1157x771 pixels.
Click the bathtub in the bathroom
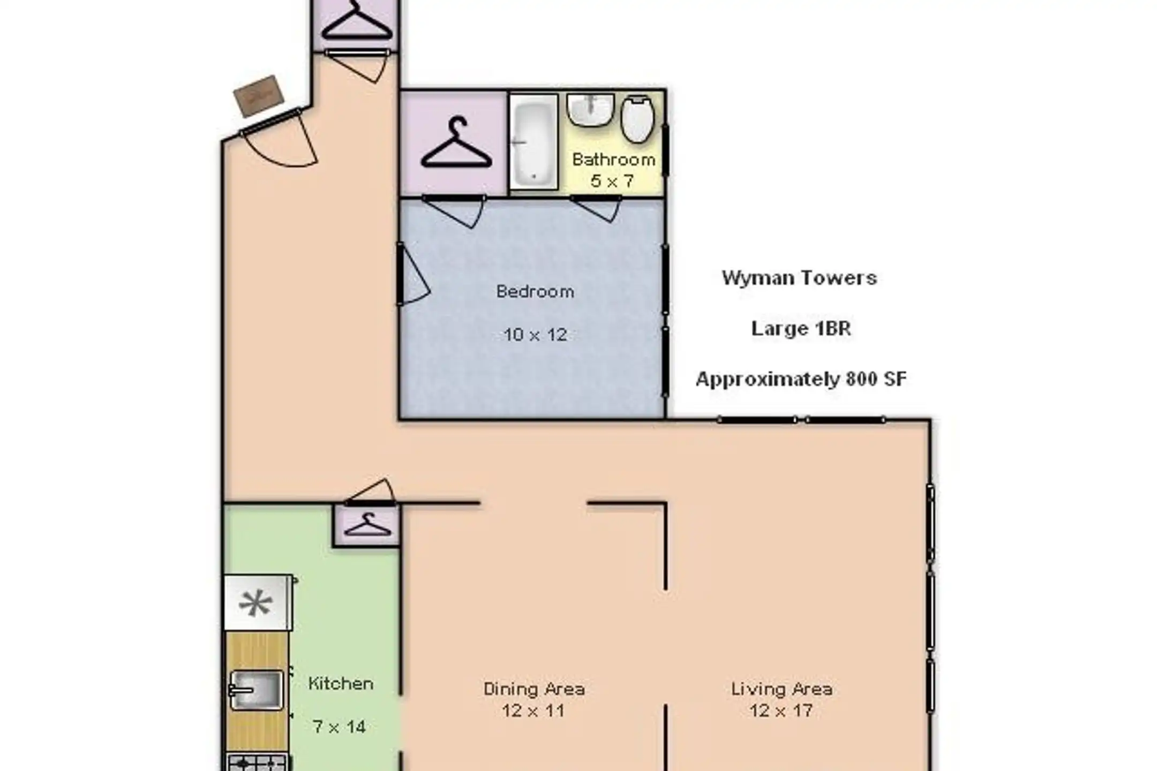tap(534, 142)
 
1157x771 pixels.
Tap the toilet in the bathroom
tap(637, 119)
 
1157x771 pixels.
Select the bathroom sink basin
tap(590, 110)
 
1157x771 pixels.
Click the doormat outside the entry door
tap(259, 96)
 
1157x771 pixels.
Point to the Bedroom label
tap(535, 291)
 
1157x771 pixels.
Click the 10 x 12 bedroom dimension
tap(535, 335)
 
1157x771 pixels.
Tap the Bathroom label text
tap(614, 160)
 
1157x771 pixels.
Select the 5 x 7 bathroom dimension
tap(612, 181)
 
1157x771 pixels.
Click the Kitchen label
tap(341, 684)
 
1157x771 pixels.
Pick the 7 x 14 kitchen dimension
tap(339, 727)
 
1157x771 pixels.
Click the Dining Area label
tap(534, 689)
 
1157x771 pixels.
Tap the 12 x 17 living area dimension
tap(782, 711)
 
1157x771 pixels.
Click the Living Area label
tap(782, 689)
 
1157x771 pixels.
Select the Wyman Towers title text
tap(799, 278)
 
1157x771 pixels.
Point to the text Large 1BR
tap(801, 328)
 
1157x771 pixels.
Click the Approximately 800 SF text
tap(801, 379)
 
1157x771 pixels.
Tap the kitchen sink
tap(256, 690)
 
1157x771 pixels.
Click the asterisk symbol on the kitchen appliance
tap(256, 604)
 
